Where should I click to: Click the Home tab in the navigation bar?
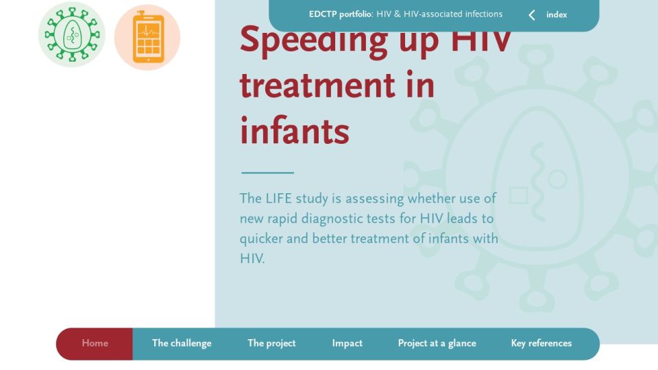click(x=95, y=343)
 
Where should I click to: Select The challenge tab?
click(x=182, y=343)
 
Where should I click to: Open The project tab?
click(x=271, y=343)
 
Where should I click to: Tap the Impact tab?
click(x=347, y=343)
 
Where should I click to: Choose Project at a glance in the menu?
click(x=437, y=343)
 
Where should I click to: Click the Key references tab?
click(x=541, y=343)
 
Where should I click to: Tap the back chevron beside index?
click(x=532, y=15)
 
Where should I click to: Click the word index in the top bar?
click(x=557, y=14)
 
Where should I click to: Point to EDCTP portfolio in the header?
click(x=341, y=14)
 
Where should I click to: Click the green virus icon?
click(x=72, y=34)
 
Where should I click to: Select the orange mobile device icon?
click(x=147, y=37)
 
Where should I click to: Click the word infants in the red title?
click(x=294, y=131)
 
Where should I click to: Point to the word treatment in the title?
click(x=317, y=86)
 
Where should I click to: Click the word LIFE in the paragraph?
click(x=279, y=199)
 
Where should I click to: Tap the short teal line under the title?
click(x=268, y=173)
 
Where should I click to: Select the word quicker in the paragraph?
click(x=261, y=239)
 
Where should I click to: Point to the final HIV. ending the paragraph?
click(x=252, y=258)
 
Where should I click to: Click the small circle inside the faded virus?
click(x=557, y=180)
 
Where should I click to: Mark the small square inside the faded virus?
click(x=519, y=195)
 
